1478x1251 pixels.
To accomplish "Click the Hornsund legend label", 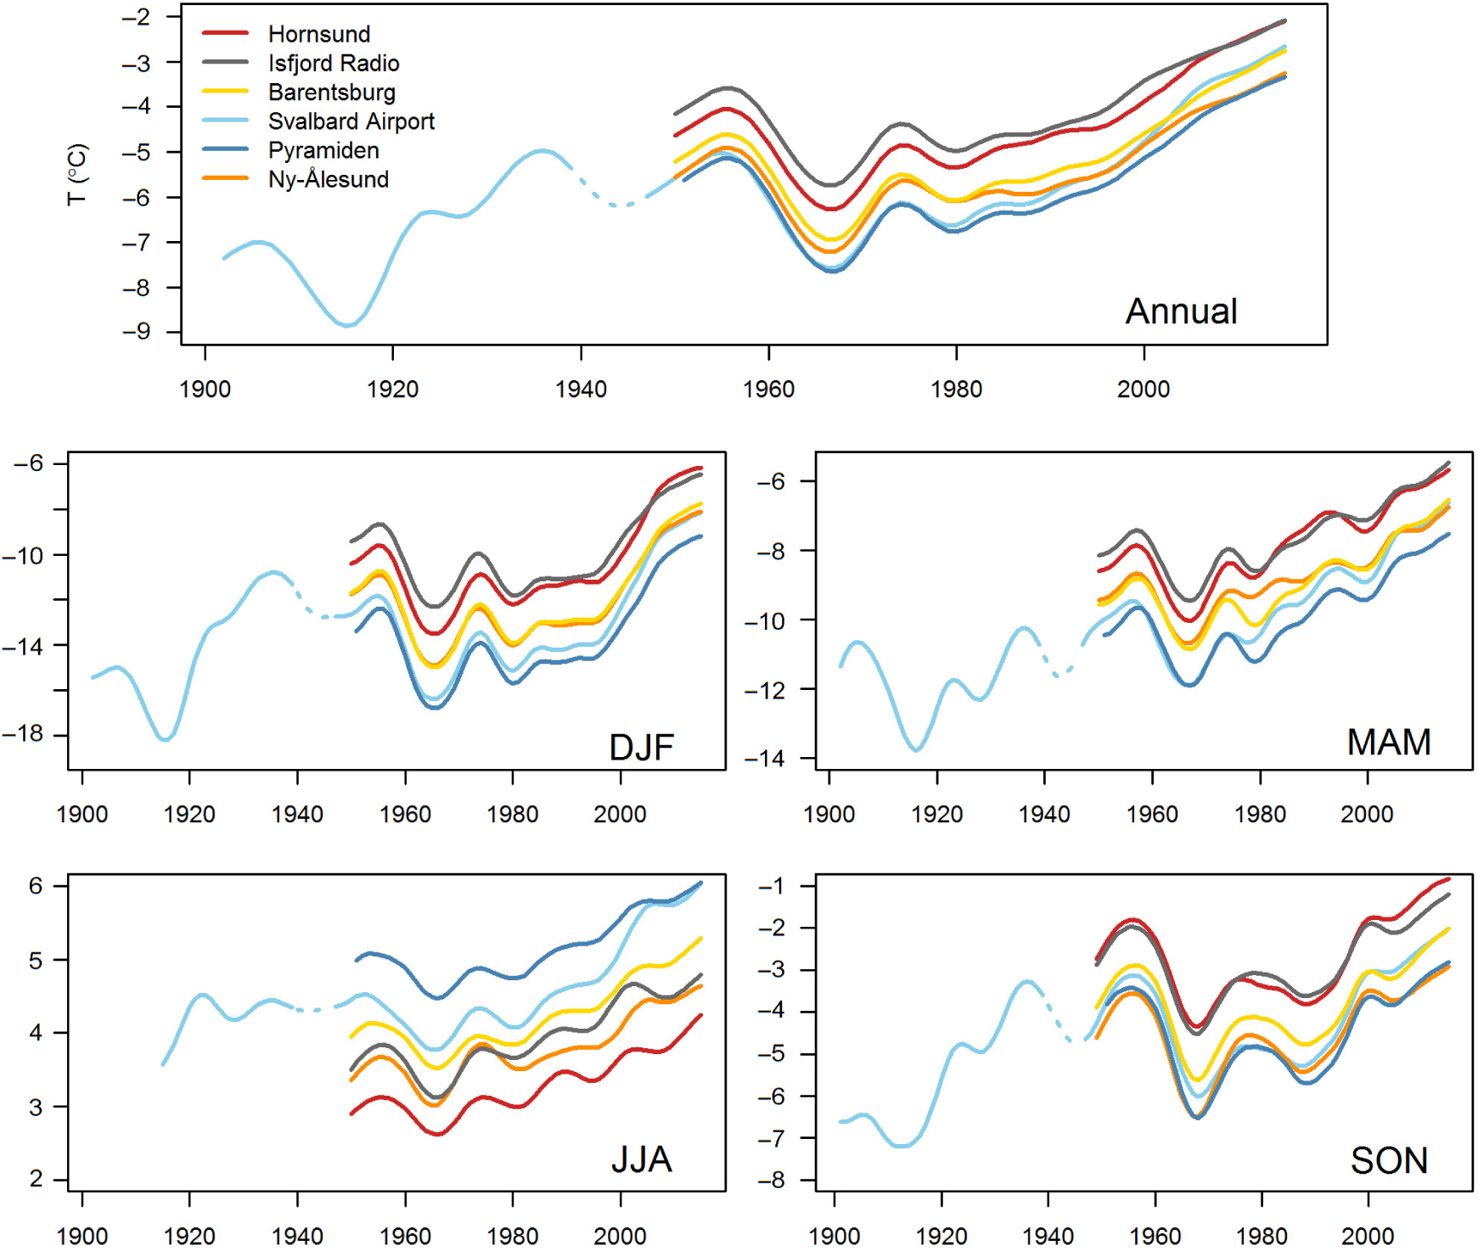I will pos(319,34).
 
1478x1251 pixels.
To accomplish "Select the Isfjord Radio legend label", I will pos(334,64).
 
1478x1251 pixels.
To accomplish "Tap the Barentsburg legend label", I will pos(332,93).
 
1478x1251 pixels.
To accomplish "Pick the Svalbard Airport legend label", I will pos(351,121).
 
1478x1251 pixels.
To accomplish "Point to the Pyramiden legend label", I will pos(323,150).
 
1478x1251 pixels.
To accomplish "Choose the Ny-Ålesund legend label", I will pos(329,179).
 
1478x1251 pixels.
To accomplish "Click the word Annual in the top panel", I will pos(1181,311).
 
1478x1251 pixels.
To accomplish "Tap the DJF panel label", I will pos(642,747).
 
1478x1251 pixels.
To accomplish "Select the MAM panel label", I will pos(1389,743).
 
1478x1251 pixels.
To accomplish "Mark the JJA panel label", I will pos(642,1159).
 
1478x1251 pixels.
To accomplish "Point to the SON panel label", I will pos(1389,1160).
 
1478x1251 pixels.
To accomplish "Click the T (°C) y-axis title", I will pos(77,174).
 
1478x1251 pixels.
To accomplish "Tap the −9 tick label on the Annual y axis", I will pos(136,331).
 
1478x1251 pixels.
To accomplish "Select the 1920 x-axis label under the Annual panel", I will pos(392,390).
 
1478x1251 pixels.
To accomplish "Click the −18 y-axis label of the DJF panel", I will pos(23,734).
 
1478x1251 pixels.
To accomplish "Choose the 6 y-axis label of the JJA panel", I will pos(36,886).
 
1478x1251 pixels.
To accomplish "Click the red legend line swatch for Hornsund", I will pos(225,34).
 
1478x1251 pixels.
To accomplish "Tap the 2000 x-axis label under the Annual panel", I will pos(1143,390).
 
